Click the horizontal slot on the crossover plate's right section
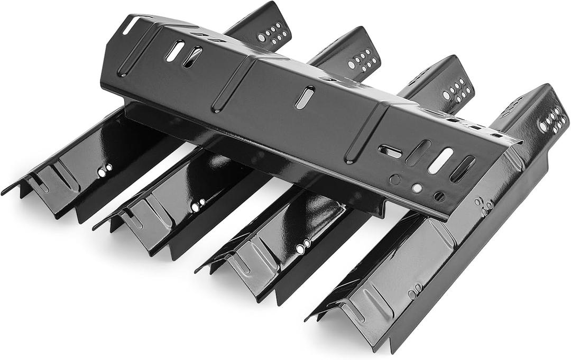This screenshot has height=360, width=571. [x=391, y=151]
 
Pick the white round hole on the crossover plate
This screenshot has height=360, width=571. [x=417, y=187]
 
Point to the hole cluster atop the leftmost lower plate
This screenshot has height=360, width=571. [x=273, y=32]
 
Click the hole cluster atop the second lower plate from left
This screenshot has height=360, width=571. [x=362, y=59]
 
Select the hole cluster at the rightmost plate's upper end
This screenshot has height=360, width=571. [x=552, y=120]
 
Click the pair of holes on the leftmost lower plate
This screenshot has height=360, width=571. [x=105, y=170]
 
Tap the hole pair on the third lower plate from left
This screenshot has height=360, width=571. [x=303, y=246]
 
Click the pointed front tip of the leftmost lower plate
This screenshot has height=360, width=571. [x=4, y=193]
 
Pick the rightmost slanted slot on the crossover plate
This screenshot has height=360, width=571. [x=463, y=169]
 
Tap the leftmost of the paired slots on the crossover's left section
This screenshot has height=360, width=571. [x=175, y=50]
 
